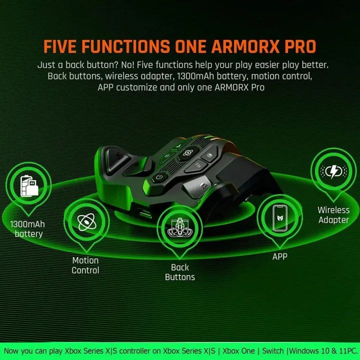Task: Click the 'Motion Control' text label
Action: coord(85,265)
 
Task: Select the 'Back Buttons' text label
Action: coord(179,272)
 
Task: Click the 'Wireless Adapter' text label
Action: coord(333,215)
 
